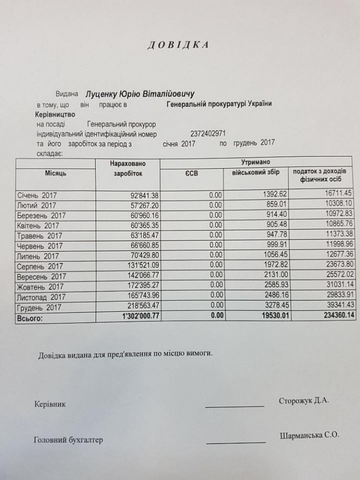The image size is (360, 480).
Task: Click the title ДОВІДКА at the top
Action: coord(178,45)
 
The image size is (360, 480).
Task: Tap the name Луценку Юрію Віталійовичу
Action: coord(140,94)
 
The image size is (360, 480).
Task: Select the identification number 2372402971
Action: coord(208,134)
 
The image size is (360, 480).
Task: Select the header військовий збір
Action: coord(253,172)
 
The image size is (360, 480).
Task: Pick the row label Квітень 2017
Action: coord(38,226)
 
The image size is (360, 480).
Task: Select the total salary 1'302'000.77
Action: coord(135,317)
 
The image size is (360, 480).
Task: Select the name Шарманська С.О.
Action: coord(309,435)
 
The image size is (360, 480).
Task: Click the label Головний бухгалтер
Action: coord(68,439)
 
